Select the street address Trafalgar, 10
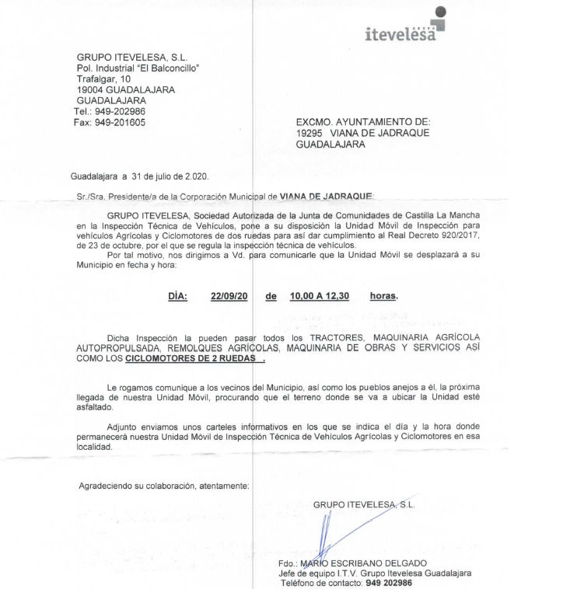[x=103, y=78]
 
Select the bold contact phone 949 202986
[x=389, y=583]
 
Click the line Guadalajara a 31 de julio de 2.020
[x=139, y=176]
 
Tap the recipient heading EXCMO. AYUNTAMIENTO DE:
[x=362, y=122]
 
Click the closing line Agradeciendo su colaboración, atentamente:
[x=164, y=486]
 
